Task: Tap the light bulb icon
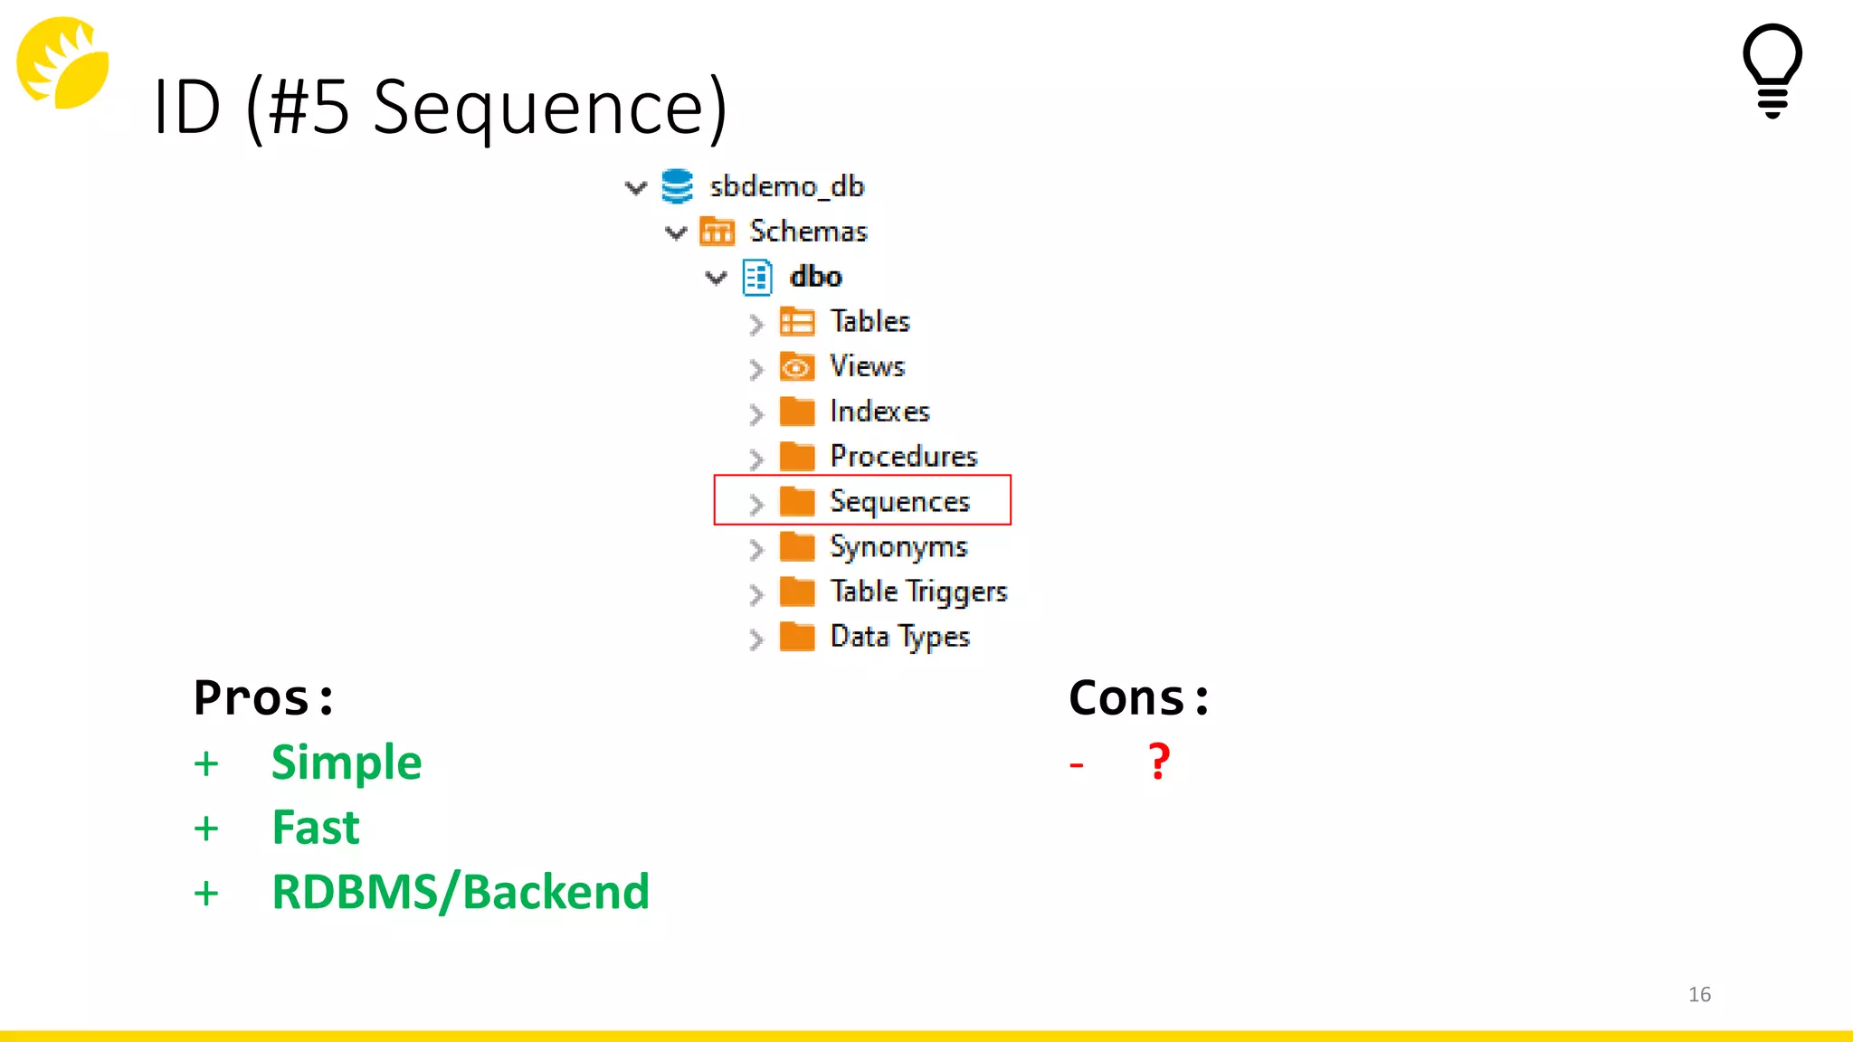point(1772,71)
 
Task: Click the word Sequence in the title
point(549,107)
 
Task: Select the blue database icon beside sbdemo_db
point(677,186)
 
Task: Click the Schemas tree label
point(808,232)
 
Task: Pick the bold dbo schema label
point(815,277)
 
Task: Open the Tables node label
point(869,322)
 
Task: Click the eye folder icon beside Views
point(797,367)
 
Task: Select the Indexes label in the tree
point(879,412)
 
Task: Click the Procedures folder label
point(903,457)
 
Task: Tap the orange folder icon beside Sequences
point(797,501)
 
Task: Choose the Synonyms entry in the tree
point(898,546)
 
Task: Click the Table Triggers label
point(918,592)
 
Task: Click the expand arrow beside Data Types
point(756,639)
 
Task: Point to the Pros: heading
point(263,698)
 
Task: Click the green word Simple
point(347,763)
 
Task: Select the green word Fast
point(316,828)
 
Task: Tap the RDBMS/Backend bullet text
point(461,892)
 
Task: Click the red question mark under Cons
point(1159,762)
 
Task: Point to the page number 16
point(1699,994)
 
